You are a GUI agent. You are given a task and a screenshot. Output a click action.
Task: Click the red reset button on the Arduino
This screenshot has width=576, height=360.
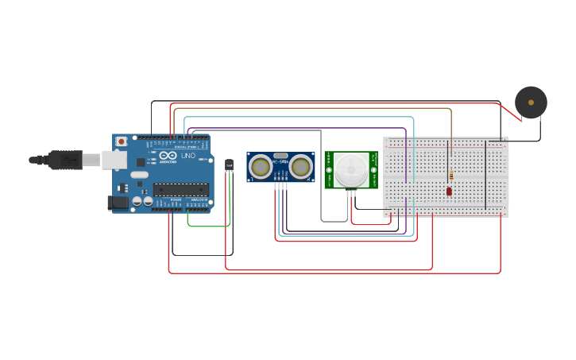(121, 141)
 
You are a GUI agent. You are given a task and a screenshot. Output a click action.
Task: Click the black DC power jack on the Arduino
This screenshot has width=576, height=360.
(118, 203)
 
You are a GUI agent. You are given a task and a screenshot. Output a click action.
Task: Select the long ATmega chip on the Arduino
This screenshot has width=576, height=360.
(181, 189)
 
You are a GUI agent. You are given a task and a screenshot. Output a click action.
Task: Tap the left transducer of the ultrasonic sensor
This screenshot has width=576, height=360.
(259, 167)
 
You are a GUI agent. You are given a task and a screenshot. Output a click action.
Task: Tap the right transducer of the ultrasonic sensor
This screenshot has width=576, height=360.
(300, 167)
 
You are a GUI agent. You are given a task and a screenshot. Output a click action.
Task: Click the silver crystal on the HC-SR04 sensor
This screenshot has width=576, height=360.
(280, 157)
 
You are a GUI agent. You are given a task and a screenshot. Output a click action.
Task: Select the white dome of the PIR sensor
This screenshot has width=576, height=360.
(350, 169)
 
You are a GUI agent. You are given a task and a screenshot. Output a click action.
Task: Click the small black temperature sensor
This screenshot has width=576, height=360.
(229, 165)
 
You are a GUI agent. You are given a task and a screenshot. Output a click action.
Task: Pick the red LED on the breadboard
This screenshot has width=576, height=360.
(449, 191)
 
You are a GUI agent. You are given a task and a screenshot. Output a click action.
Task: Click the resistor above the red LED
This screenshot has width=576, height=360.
(451, 175)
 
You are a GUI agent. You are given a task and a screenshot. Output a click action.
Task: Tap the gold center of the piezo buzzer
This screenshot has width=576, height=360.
(531, 103)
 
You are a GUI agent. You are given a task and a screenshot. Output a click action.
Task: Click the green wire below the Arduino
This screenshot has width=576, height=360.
(208, 226)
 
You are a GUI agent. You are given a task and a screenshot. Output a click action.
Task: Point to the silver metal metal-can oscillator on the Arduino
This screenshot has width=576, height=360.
(139, 175)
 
